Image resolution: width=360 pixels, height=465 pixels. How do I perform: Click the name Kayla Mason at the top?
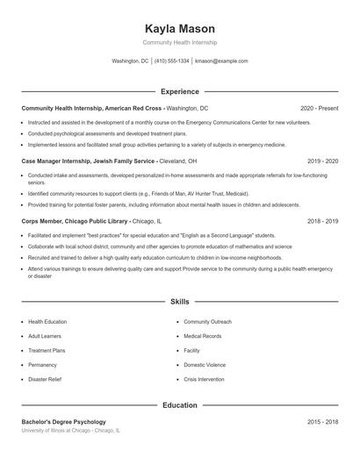(179, 28)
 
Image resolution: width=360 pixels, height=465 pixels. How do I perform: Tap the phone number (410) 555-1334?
(171, 61)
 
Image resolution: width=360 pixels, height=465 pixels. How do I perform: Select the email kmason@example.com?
(221, 61)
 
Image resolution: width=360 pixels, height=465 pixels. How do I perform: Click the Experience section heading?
(179, 91)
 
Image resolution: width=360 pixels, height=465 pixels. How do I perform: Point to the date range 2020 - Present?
(319, 108)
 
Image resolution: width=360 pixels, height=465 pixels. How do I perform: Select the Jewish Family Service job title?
(89, 161)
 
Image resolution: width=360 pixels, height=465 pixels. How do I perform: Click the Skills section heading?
(179, 302)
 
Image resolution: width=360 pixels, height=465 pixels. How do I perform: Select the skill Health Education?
(47, 322)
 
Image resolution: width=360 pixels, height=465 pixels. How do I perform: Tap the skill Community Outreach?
(208, 322)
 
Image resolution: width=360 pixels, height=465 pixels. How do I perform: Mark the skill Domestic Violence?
(205, 364)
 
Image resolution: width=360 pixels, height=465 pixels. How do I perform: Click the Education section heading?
(179, 405)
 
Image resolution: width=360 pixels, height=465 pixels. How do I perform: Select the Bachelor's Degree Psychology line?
(63, 422)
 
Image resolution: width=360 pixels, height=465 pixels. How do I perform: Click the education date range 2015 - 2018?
(322, 422)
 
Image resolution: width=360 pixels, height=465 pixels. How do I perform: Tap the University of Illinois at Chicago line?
(71, 431)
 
